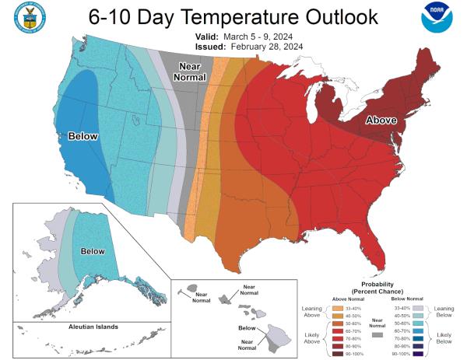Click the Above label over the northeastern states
tap(381, 121)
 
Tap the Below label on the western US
tap(83, 136)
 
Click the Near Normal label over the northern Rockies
tap(190, 71)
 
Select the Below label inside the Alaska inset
tap(93, 251)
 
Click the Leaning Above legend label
tap(311, 312)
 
